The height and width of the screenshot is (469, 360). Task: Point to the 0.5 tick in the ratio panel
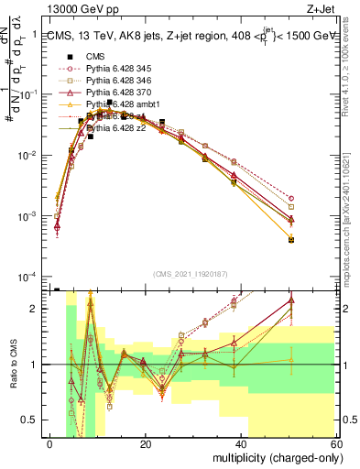coord(33,420)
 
